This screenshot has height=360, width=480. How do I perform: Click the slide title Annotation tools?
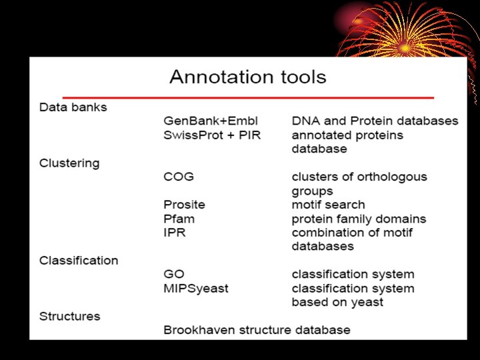(248, 77)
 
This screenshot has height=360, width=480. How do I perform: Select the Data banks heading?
(73, 107)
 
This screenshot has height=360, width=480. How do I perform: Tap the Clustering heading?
(69, 163)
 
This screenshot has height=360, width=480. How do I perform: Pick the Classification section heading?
(79, 260)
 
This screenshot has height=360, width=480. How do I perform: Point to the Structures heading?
(70, 316)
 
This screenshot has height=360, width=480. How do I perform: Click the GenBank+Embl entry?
(211, 121)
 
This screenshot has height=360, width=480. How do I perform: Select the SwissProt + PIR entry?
(212, 135)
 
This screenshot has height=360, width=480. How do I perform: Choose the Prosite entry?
(184, 205)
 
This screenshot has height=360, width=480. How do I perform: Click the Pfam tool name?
(179, 219)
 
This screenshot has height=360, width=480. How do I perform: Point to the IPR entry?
(174, 233)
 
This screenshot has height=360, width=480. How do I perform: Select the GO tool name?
(173, 274)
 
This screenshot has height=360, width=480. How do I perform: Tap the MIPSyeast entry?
(196, 288)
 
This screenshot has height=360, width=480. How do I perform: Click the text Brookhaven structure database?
(257, 330)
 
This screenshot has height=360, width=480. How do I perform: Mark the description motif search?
(329, 205)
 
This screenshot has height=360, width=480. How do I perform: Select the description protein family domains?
(359, 219)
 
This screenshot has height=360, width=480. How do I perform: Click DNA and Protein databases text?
(375, 121)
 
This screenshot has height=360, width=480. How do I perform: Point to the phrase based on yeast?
(337, 302)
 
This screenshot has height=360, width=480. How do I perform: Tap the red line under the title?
(248, 97)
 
